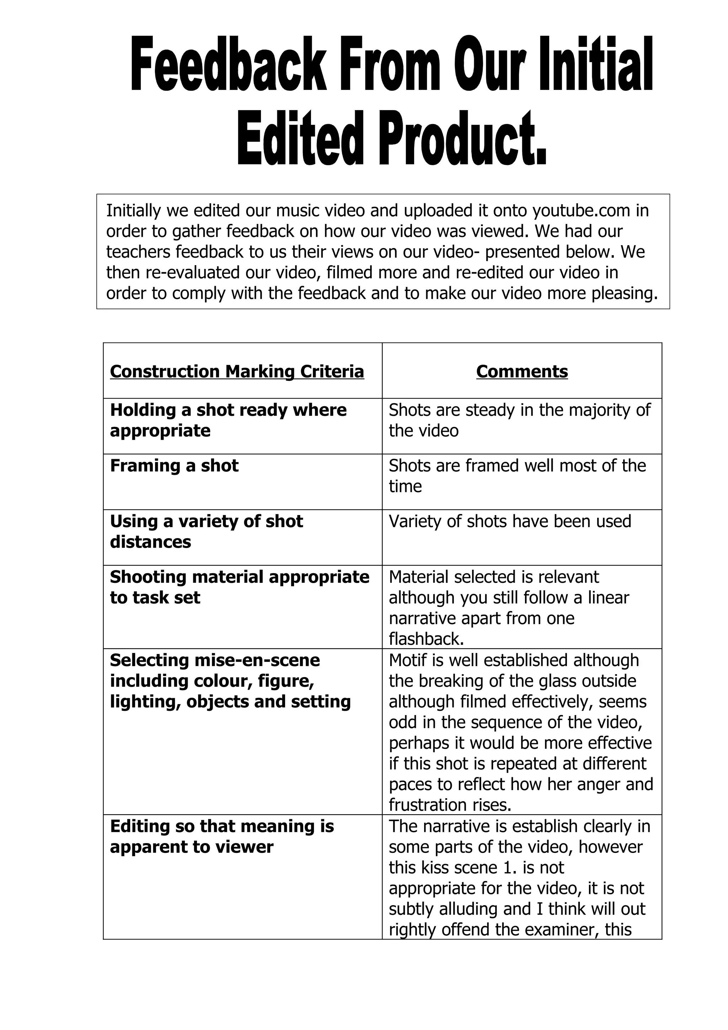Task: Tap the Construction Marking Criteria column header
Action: click(x=237, y=371)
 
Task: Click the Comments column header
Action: click(x=522, y=371)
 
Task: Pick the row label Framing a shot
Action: click(x=174, y=466)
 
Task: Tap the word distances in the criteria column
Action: click(x=150, y=542)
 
